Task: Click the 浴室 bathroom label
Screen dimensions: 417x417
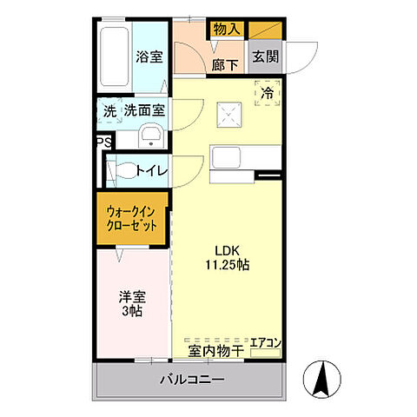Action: (149, 57)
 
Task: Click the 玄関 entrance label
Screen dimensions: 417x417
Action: (264, 56)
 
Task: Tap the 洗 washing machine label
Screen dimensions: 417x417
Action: (109, 111)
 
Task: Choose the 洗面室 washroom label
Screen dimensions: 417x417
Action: (145, 111)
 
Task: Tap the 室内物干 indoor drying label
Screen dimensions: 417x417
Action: (215, 351)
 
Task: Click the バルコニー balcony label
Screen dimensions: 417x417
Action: (191, 381)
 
